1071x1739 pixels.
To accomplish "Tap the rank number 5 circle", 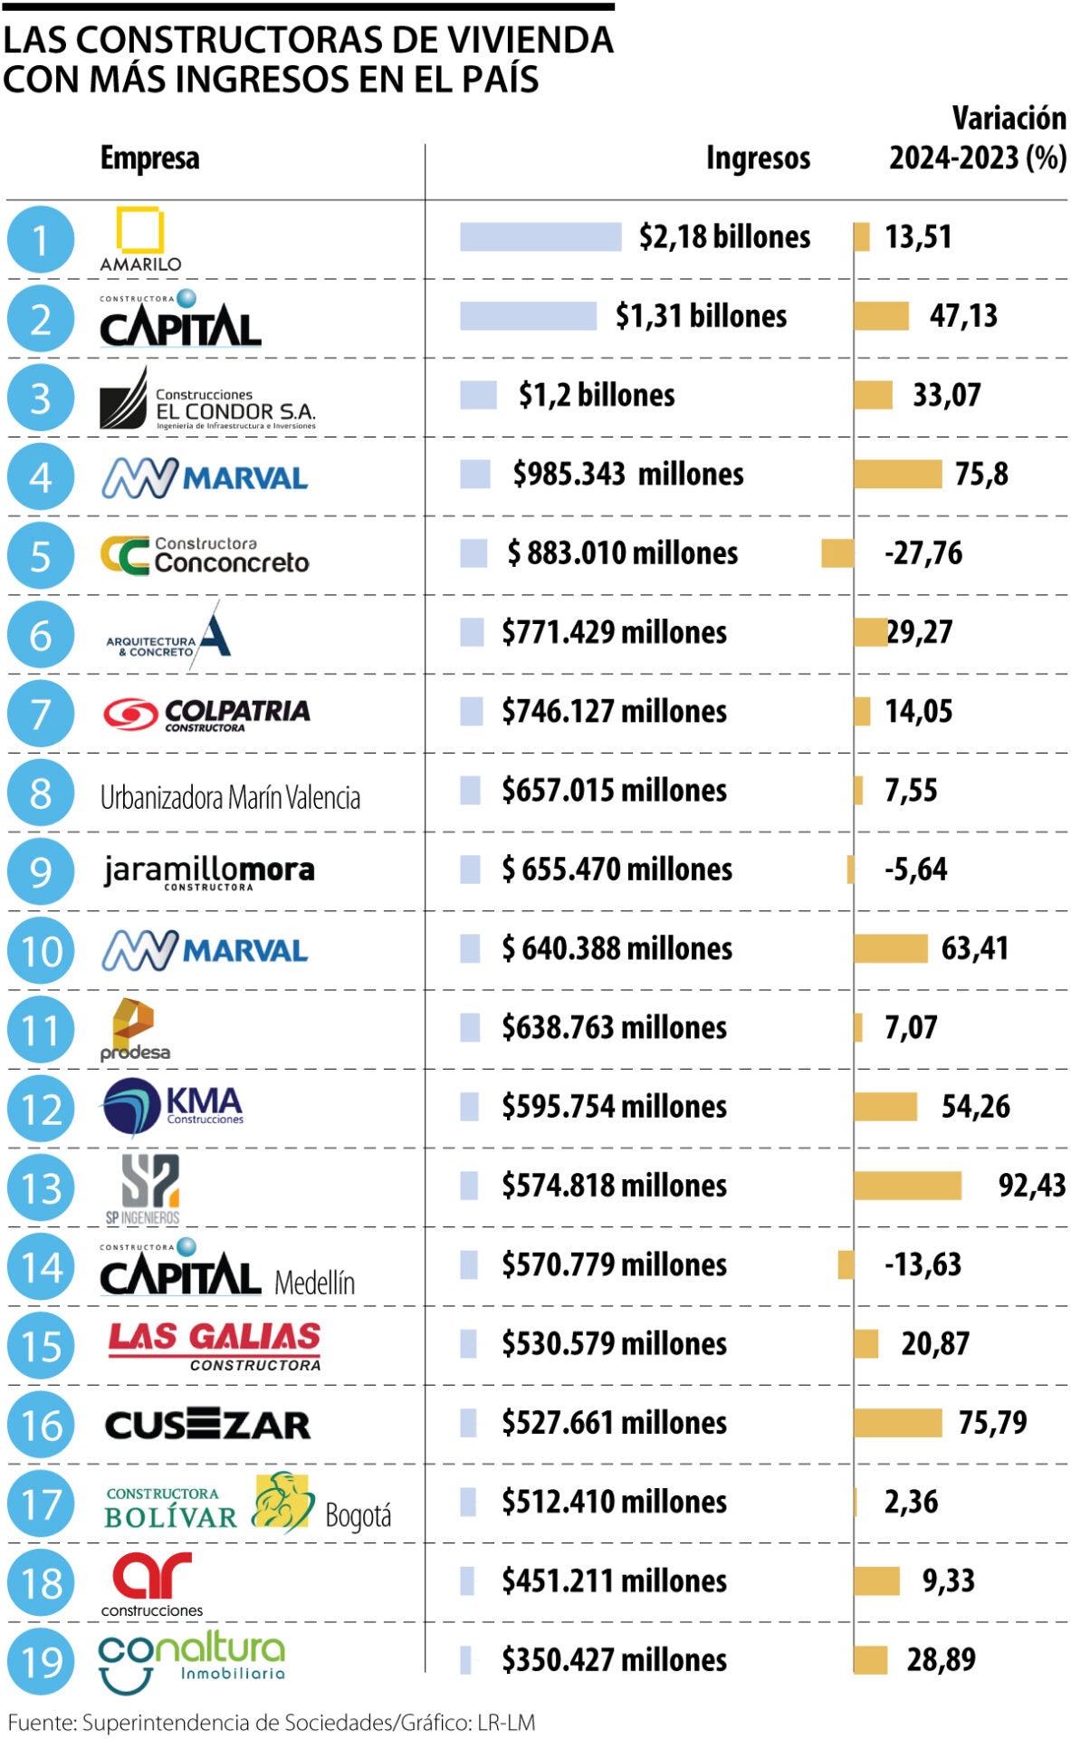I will [40, 555].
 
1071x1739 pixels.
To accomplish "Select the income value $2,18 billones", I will [724, 237].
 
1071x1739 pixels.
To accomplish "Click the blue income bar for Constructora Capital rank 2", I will [528, 316].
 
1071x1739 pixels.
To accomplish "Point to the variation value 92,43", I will [1031, 1186].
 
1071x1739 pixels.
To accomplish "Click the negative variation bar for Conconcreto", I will [837, 553].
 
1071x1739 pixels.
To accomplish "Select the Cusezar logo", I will [207, 1425].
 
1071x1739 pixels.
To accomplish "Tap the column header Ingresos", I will [758, 159].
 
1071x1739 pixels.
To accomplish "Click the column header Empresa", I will [149, 159].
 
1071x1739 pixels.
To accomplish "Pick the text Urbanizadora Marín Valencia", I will [230, 798].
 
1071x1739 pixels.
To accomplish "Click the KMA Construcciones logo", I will [172, 1107].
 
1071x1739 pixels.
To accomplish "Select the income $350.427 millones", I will [614, 1660].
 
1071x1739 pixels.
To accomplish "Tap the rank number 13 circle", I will [40, 1187].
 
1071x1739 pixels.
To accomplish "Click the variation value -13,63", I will [923, 1264].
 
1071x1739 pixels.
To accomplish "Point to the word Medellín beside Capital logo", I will [314, 1283].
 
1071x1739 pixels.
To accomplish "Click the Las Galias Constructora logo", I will [215, 1345].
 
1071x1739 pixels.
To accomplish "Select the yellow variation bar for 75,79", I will [897, 1423].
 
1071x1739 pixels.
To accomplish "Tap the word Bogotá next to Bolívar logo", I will [358, 1515].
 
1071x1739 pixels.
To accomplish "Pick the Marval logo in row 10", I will [205, 950].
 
